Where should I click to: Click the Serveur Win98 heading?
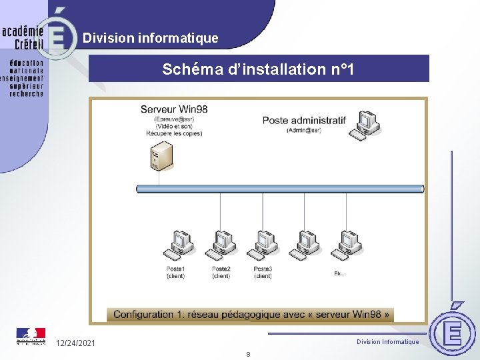click(x=174, y=109)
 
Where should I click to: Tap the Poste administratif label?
click(x=304, y=121)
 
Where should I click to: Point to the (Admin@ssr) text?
click(x=304, y=131)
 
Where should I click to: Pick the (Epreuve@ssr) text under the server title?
click(x=174, y=119)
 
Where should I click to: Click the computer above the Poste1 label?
click(x=178, y=245)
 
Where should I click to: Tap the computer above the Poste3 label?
click(x=263, y=245)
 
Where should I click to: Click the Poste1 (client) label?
click(x=176, y=272)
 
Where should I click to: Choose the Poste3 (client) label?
click(x=263, y=272)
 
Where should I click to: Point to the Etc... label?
click(x=340, y=273)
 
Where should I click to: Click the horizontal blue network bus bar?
click(x=280, y=189)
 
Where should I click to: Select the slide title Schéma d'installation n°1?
click(x=259, y=69)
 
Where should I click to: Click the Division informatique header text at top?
click(x=151, y=38)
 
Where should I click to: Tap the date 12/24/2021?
click(x=75, y=343)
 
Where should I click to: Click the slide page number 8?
click(x=248, y=354)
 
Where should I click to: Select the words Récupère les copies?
click(x=174, y=133)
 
